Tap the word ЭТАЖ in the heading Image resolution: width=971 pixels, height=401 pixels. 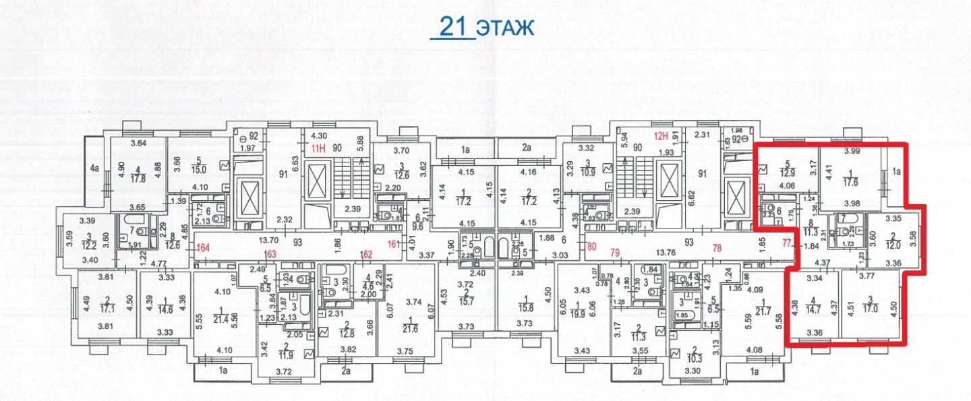click(505, 28)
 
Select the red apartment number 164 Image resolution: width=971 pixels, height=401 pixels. click(203, 247)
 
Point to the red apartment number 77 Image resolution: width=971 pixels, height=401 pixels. click(787, 243)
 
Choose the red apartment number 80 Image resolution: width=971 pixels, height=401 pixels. click(593, 247)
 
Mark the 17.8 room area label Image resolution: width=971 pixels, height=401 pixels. click(140, 179)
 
